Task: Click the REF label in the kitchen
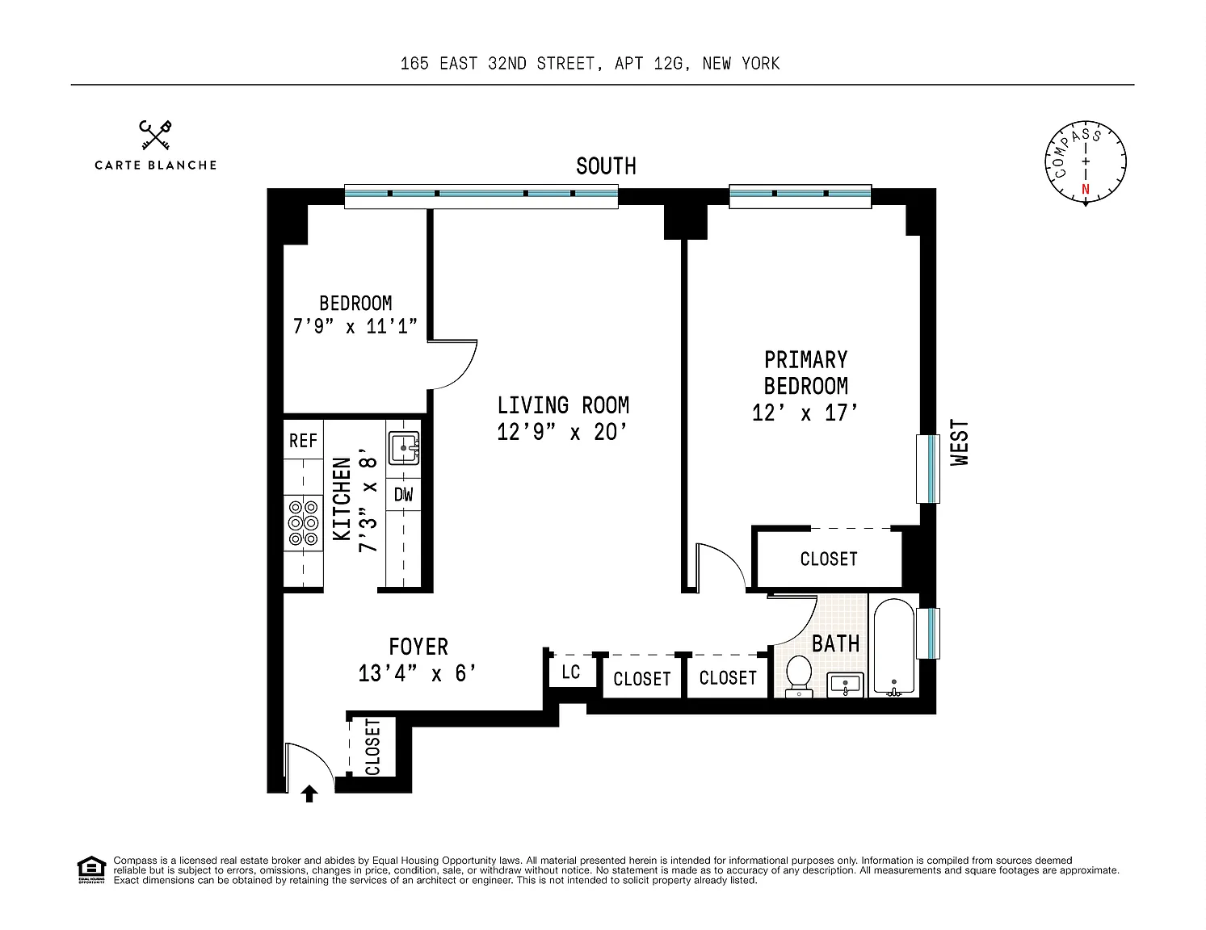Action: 303,441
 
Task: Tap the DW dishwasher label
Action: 403,494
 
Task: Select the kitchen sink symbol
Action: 403,448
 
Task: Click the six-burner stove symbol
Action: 303,523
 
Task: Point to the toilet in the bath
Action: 799,676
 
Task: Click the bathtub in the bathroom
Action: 893,647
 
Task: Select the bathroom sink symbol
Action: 845,685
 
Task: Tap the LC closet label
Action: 570,672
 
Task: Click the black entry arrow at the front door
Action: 309,794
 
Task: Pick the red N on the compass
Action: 1086,189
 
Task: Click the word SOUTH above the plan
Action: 606,165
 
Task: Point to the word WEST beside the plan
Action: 959,442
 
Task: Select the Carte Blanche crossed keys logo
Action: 155,135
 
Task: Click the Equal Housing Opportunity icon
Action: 91,869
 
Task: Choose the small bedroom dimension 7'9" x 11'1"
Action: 355,325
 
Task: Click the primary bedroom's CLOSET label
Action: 829,559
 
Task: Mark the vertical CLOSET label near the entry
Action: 372,747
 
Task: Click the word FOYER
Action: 418,647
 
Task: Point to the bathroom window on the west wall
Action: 928,633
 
